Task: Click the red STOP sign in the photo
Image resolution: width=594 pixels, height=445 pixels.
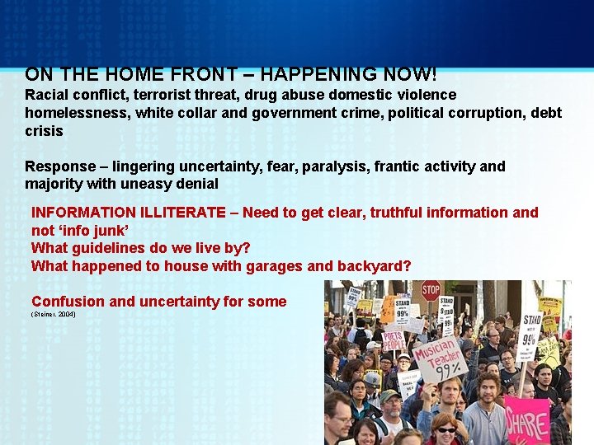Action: tap(431, 290)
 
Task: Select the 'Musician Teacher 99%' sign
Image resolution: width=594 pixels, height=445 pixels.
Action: tap(438, 358)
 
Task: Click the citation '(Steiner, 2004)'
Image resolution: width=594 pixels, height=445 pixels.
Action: tap(53, 315)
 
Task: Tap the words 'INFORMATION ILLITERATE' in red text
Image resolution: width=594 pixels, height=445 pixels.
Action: tap(128, 213)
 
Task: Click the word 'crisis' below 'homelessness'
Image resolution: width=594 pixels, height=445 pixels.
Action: tap(44, 131)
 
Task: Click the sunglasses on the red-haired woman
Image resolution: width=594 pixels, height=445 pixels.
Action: tap(446, 429)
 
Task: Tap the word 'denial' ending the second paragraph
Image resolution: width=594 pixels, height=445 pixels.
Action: tap(196, 184)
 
